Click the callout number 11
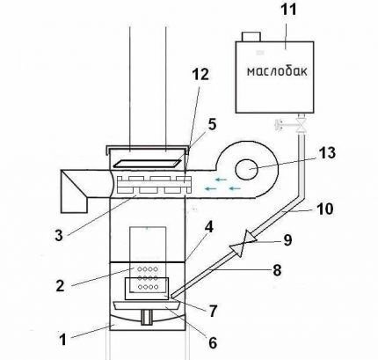click(288, 10)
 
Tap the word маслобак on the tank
click(277, 71)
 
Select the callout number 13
click(327, 153)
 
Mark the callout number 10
click(324, 209)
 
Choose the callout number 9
click(287, 240)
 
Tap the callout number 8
click(277, 269)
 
